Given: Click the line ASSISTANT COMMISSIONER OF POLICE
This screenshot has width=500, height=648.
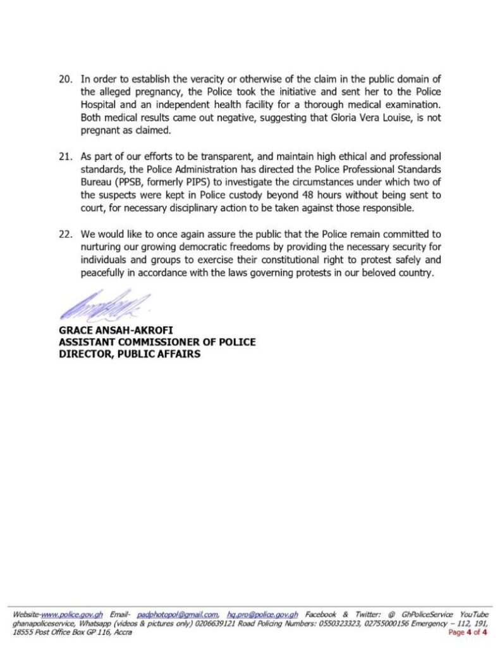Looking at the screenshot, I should [156, 342].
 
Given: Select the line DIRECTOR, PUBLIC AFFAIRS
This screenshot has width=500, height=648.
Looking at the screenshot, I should [129, 354].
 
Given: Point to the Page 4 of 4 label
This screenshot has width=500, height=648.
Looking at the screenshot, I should [467, 632].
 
